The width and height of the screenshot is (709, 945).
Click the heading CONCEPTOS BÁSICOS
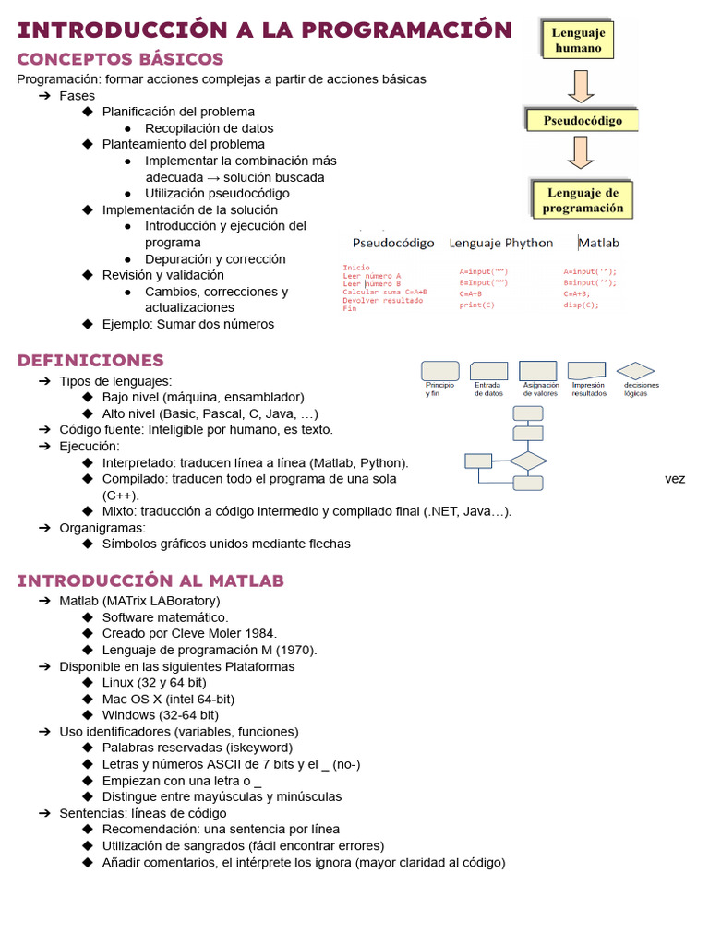(121, 59)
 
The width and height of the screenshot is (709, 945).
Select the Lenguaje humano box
(578, 40)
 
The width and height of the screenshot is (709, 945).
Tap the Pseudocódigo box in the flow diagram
(582, 120)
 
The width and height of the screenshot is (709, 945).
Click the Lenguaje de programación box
(583, 200)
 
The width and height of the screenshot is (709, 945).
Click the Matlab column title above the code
(599, 243)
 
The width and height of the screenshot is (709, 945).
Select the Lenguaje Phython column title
(501, 243)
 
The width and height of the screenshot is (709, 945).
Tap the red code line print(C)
(477, 305)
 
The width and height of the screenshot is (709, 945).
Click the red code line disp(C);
(581, 305)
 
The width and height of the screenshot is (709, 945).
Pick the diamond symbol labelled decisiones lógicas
(635, 370)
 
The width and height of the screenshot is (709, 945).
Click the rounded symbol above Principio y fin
(439, 370)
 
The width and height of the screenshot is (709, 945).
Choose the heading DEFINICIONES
(90, 360)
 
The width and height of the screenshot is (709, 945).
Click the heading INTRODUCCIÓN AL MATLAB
(150, 580)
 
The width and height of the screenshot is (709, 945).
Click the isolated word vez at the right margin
(675, 479)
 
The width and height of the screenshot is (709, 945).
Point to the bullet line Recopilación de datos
(210, 128)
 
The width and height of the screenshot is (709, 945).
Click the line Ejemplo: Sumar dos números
(188, 324)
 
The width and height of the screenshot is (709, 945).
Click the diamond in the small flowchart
(528, 460)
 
